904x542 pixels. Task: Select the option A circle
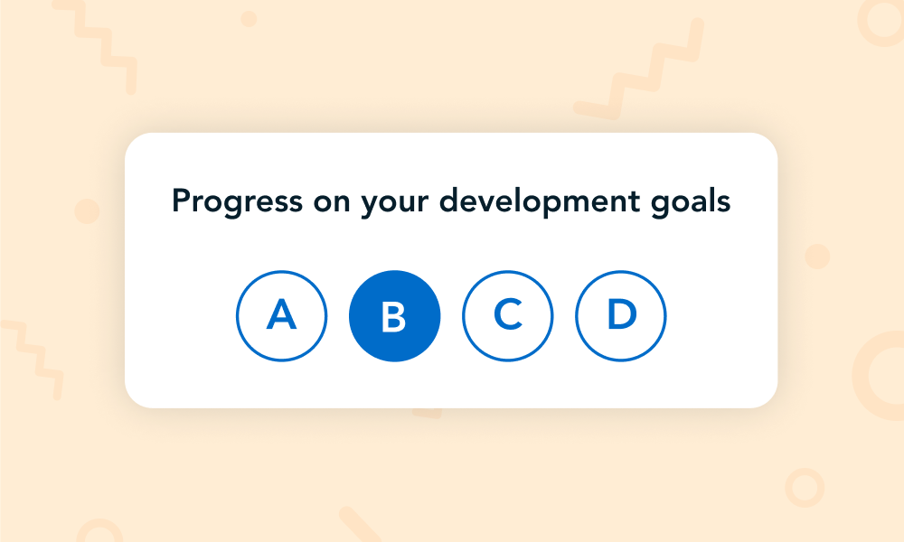pos(281,315)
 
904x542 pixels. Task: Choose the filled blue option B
pos(394,315)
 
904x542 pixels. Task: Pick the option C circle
pos(507,315)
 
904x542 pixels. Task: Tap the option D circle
pos(620,315)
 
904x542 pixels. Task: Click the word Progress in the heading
pos(237,202)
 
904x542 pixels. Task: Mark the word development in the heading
pos(540,202)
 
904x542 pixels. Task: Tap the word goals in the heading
pos(691,202)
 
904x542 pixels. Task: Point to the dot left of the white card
pos(87,211)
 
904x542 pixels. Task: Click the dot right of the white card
pos(817,257)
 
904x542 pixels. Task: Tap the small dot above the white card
pos(249,19)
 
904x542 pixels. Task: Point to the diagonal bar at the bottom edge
pos(360,524)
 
